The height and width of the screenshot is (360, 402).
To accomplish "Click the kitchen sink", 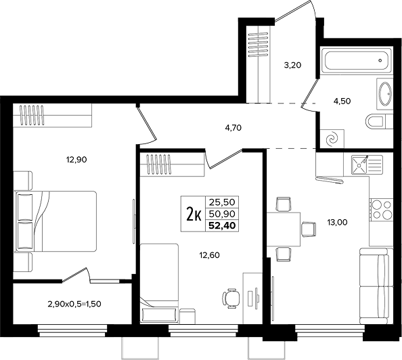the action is (x=367, y=165).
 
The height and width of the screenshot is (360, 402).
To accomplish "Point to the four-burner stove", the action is (x=382, y=210).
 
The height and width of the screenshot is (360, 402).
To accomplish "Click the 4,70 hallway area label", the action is (x=233, y=127).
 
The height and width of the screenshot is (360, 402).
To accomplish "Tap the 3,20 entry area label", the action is (x=292, y=65).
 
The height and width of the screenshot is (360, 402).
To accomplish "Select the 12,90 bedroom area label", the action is (x=76, y=160).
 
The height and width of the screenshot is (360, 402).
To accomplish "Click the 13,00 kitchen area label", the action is (x=337, y=222).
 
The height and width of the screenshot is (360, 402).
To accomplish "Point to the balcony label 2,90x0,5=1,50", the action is (x=74, y=304).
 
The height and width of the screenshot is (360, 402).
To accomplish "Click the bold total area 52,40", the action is (x=222, y=225).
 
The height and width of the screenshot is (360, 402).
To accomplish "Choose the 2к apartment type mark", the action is (x=194, y=214).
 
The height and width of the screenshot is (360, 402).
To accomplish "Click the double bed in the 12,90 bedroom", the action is (x=55, y=221).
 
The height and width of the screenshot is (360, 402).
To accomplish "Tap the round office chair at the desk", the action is (x=231, y=298).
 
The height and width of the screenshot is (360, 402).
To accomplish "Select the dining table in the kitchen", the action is (x=284, y=229).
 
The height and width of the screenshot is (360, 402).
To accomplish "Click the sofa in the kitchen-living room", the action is (x=376, y=286).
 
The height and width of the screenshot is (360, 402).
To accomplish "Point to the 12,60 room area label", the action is (x=210, y=255).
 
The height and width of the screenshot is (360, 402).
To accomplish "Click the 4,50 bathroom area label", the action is (x=342, y=101).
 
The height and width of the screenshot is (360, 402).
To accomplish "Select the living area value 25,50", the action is (x=222, y=202).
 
